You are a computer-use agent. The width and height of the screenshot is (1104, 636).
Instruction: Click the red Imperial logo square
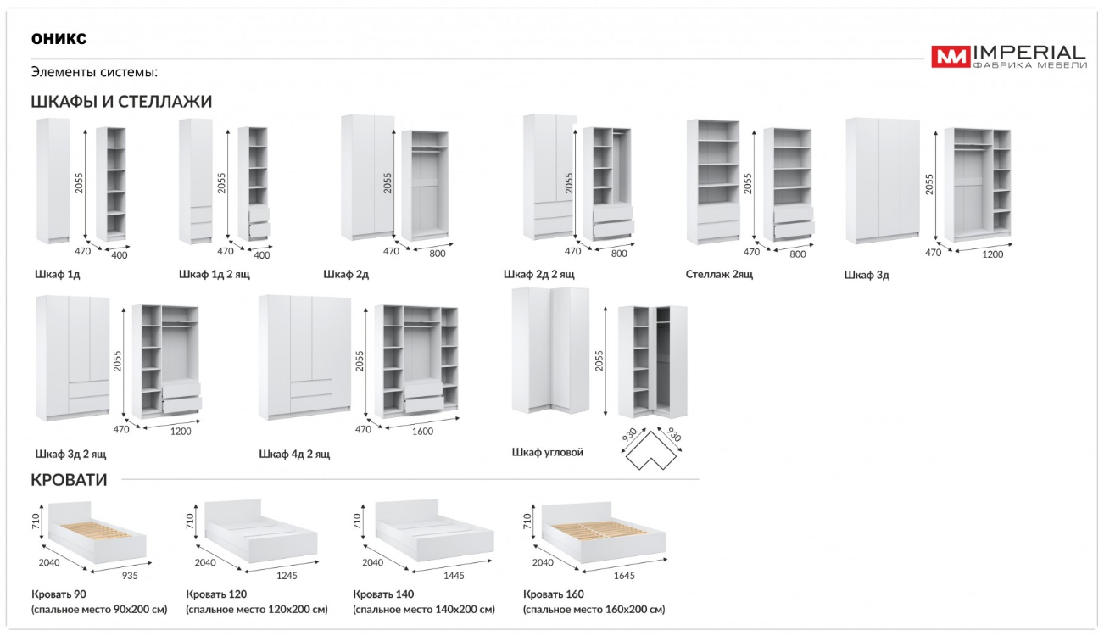point(951,57)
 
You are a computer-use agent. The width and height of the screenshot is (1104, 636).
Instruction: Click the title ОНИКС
point(59,39)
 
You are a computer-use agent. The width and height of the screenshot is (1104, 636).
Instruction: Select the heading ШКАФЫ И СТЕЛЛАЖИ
point(121,102)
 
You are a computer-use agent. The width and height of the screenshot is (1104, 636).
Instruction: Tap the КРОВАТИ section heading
point(69,480)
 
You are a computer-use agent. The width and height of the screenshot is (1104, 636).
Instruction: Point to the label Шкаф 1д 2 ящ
point(215,274)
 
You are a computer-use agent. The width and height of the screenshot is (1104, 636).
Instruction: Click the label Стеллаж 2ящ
point(719,274)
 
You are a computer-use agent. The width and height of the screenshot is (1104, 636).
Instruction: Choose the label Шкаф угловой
point(548,452)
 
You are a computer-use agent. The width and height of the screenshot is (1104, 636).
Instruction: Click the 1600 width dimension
point(422,432)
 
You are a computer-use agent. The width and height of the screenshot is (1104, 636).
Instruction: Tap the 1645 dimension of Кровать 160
point(624,575)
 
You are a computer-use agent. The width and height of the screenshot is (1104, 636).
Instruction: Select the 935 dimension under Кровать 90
point(130,575)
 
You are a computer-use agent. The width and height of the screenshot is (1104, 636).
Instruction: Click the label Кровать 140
point(383,594)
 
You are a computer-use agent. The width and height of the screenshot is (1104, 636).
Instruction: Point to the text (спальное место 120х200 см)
point(257,610)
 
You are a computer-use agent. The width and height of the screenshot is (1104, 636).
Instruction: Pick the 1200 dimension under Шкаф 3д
point(993,254)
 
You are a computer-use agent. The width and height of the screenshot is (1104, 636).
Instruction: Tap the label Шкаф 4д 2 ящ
point(294,454)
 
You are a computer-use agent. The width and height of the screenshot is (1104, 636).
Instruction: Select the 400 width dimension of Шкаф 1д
point(120,255)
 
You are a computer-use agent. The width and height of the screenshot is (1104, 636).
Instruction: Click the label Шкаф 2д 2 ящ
point(538,274)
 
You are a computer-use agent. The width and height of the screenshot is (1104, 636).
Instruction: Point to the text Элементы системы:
point(95,72)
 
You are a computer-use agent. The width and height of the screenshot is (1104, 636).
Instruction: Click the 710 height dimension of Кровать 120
point(190,522)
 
